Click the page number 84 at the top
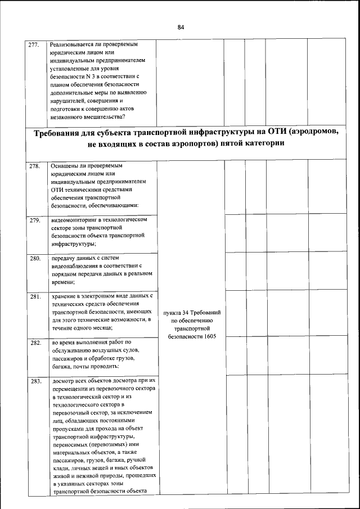point(180,27)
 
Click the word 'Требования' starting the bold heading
point(60,133)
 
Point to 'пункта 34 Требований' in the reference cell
point(192,312)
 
